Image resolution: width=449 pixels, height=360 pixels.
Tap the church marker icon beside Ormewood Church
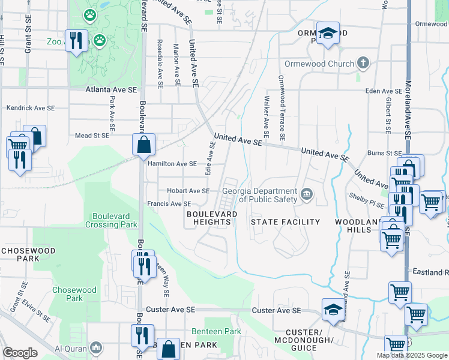[363, 62]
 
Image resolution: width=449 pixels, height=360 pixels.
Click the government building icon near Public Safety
[307, 193]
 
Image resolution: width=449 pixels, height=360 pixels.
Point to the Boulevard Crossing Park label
[115, 220]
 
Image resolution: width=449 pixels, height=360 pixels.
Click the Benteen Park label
[216, 331]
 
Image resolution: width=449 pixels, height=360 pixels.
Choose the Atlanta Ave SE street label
[110, 89]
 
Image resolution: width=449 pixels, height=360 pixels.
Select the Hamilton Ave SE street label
[172, 163]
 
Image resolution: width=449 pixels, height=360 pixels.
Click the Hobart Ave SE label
[188, 191]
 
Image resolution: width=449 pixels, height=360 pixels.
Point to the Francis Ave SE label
[169, 204]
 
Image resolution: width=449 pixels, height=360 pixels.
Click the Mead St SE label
[92, 136]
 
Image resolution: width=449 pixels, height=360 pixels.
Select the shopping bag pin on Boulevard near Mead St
[144, 145]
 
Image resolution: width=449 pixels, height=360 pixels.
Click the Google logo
[20, 353]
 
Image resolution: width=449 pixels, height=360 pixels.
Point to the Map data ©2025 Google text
[411, 355]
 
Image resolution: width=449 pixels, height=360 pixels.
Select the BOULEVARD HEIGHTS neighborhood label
[208, 218]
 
